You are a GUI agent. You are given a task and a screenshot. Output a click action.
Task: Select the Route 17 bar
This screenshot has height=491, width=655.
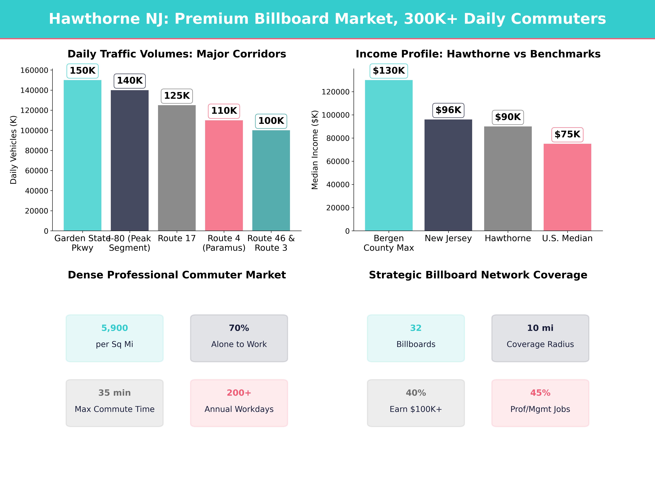(177, 168)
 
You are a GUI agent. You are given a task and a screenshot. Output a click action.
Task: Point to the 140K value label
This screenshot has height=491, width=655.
(130, 80)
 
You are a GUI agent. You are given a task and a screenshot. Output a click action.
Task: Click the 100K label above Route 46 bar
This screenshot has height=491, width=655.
(271, 121)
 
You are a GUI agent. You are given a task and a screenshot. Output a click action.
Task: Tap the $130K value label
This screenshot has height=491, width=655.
(388, 71)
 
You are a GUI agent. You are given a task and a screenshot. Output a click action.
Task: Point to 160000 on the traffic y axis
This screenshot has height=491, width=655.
(34, 70)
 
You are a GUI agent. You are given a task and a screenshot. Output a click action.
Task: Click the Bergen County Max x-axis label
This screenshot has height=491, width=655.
(388, 243)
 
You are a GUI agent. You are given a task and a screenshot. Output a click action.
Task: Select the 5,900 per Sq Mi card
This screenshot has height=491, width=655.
(115, 338)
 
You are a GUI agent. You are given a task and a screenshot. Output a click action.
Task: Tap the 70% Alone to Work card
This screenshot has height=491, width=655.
(239, 338)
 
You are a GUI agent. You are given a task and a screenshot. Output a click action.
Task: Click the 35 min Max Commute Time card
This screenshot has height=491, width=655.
(115, 403)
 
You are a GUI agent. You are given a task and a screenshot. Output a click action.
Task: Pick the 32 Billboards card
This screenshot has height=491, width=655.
(416, 338)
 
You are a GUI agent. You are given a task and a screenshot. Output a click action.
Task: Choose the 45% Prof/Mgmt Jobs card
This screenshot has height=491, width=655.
(540, 403)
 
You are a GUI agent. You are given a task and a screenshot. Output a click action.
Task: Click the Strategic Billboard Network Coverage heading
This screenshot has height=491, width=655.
(478, 275)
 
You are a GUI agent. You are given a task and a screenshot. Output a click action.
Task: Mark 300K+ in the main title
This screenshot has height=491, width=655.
(431, 19)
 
